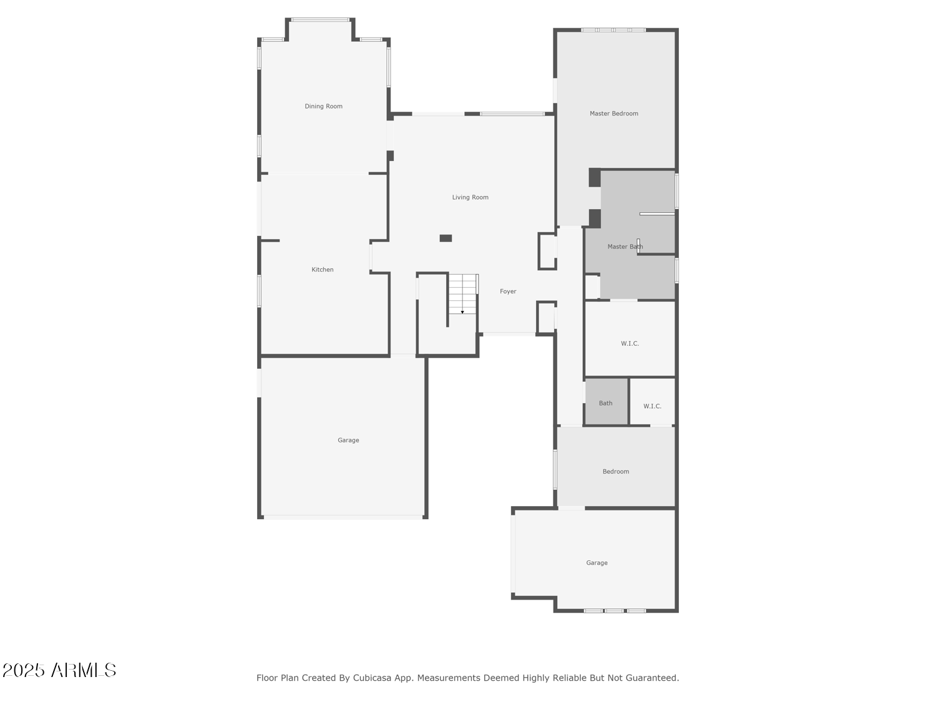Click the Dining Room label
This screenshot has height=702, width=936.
pyautogui.click(x=323, y=106)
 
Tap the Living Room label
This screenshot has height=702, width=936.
pyautogui.click(x=470, y=197)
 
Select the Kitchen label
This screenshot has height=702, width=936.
pyautogui.click(x=322, y=270)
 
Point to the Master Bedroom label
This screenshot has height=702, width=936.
pyautogui.click(x=613, y=114)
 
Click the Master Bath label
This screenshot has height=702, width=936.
pyautogui.click(x=625, y=246)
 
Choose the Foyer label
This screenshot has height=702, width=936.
pyautogui.click(x=507, y=291)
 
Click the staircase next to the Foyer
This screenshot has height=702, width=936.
pyautogui.click(x=462, y=294)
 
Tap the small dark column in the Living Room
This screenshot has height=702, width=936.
pyautogui.click(x=445, y=238)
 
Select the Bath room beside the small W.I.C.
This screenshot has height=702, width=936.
pyautogui.click(x=605, y=401)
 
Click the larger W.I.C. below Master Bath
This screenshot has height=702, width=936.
pyautogui.click(x=630, y=339)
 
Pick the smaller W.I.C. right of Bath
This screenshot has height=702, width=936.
pyautogui.click(x=652, y=401)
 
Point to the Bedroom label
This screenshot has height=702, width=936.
pyautogui.click(x=615, y=471)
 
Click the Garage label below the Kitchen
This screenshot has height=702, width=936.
pyautogui.click(x=348, y=440)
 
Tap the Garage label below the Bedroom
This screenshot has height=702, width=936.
pyautogui.click(x=596, y=563)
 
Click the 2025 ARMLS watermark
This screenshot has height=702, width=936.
pyautogui.click(x=59, y=670)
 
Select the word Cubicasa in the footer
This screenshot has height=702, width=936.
pyautogui.click(x=371, y=678)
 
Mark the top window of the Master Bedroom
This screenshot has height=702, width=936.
pyautogui.click(x=613, y=30)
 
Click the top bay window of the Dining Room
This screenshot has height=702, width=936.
pyautogui.click(x=320, y=19)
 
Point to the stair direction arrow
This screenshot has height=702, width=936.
pyautogui.click(x=462, y=313)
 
